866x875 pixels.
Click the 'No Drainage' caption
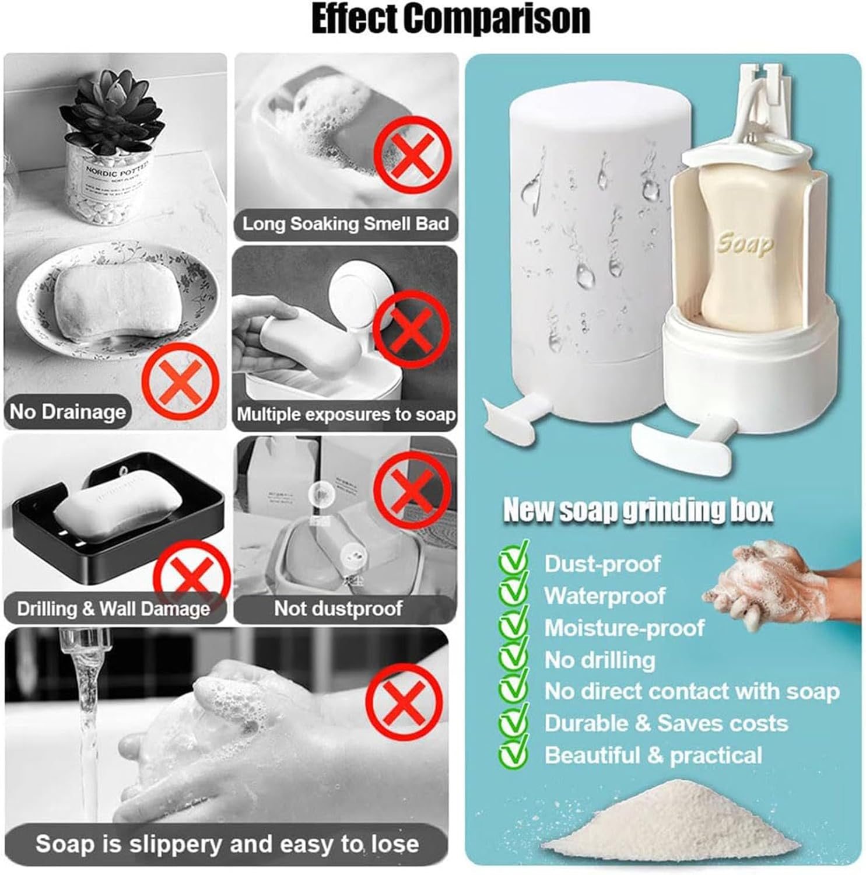(x=68, y=412)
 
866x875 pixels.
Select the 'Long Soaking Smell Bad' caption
(x=345, y=224)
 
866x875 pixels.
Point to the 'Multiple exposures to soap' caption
(x=345, y=414)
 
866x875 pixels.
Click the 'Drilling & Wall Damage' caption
(x=113, y=608)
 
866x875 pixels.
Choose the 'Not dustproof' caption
(x=338, y=608)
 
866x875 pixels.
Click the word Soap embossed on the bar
(x=745, y=243)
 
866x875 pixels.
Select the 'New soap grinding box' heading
(x=638, y=510)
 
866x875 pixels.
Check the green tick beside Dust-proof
(x=513, y=561)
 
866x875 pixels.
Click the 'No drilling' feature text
(x=599, y=660)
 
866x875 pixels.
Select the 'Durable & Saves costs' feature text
(x=666, y=723)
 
